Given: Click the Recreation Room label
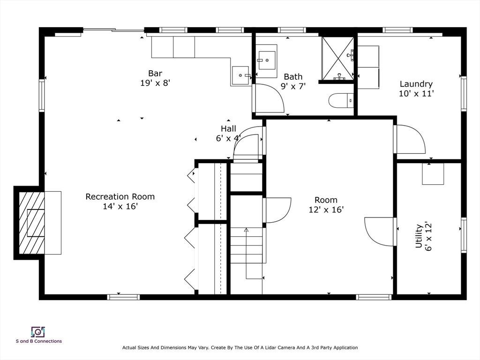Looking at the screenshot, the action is click(120, 196).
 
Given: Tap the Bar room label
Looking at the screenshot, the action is click(155, 73).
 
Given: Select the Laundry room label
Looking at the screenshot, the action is click(416, 84).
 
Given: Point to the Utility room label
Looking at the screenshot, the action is click(419, 236).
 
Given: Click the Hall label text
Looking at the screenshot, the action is click(228, 128).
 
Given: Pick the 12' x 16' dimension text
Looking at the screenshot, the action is click(326, 210).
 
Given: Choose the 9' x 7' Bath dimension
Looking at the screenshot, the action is click(293, 86).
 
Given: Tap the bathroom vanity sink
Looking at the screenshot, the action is click(267, 60).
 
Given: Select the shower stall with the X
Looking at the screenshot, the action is click(337, 59).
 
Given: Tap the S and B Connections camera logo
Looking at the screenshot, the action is click(38, 332).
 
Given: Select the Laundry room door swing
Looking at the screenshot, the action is click(411, 139).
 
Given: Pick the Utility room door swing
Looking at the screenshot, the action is click(379, 232).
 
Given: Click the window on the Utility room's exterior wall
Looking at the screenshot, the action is click(464, 235).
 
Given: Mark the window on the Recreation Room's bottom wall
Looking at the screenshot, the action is click(123, 297).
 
